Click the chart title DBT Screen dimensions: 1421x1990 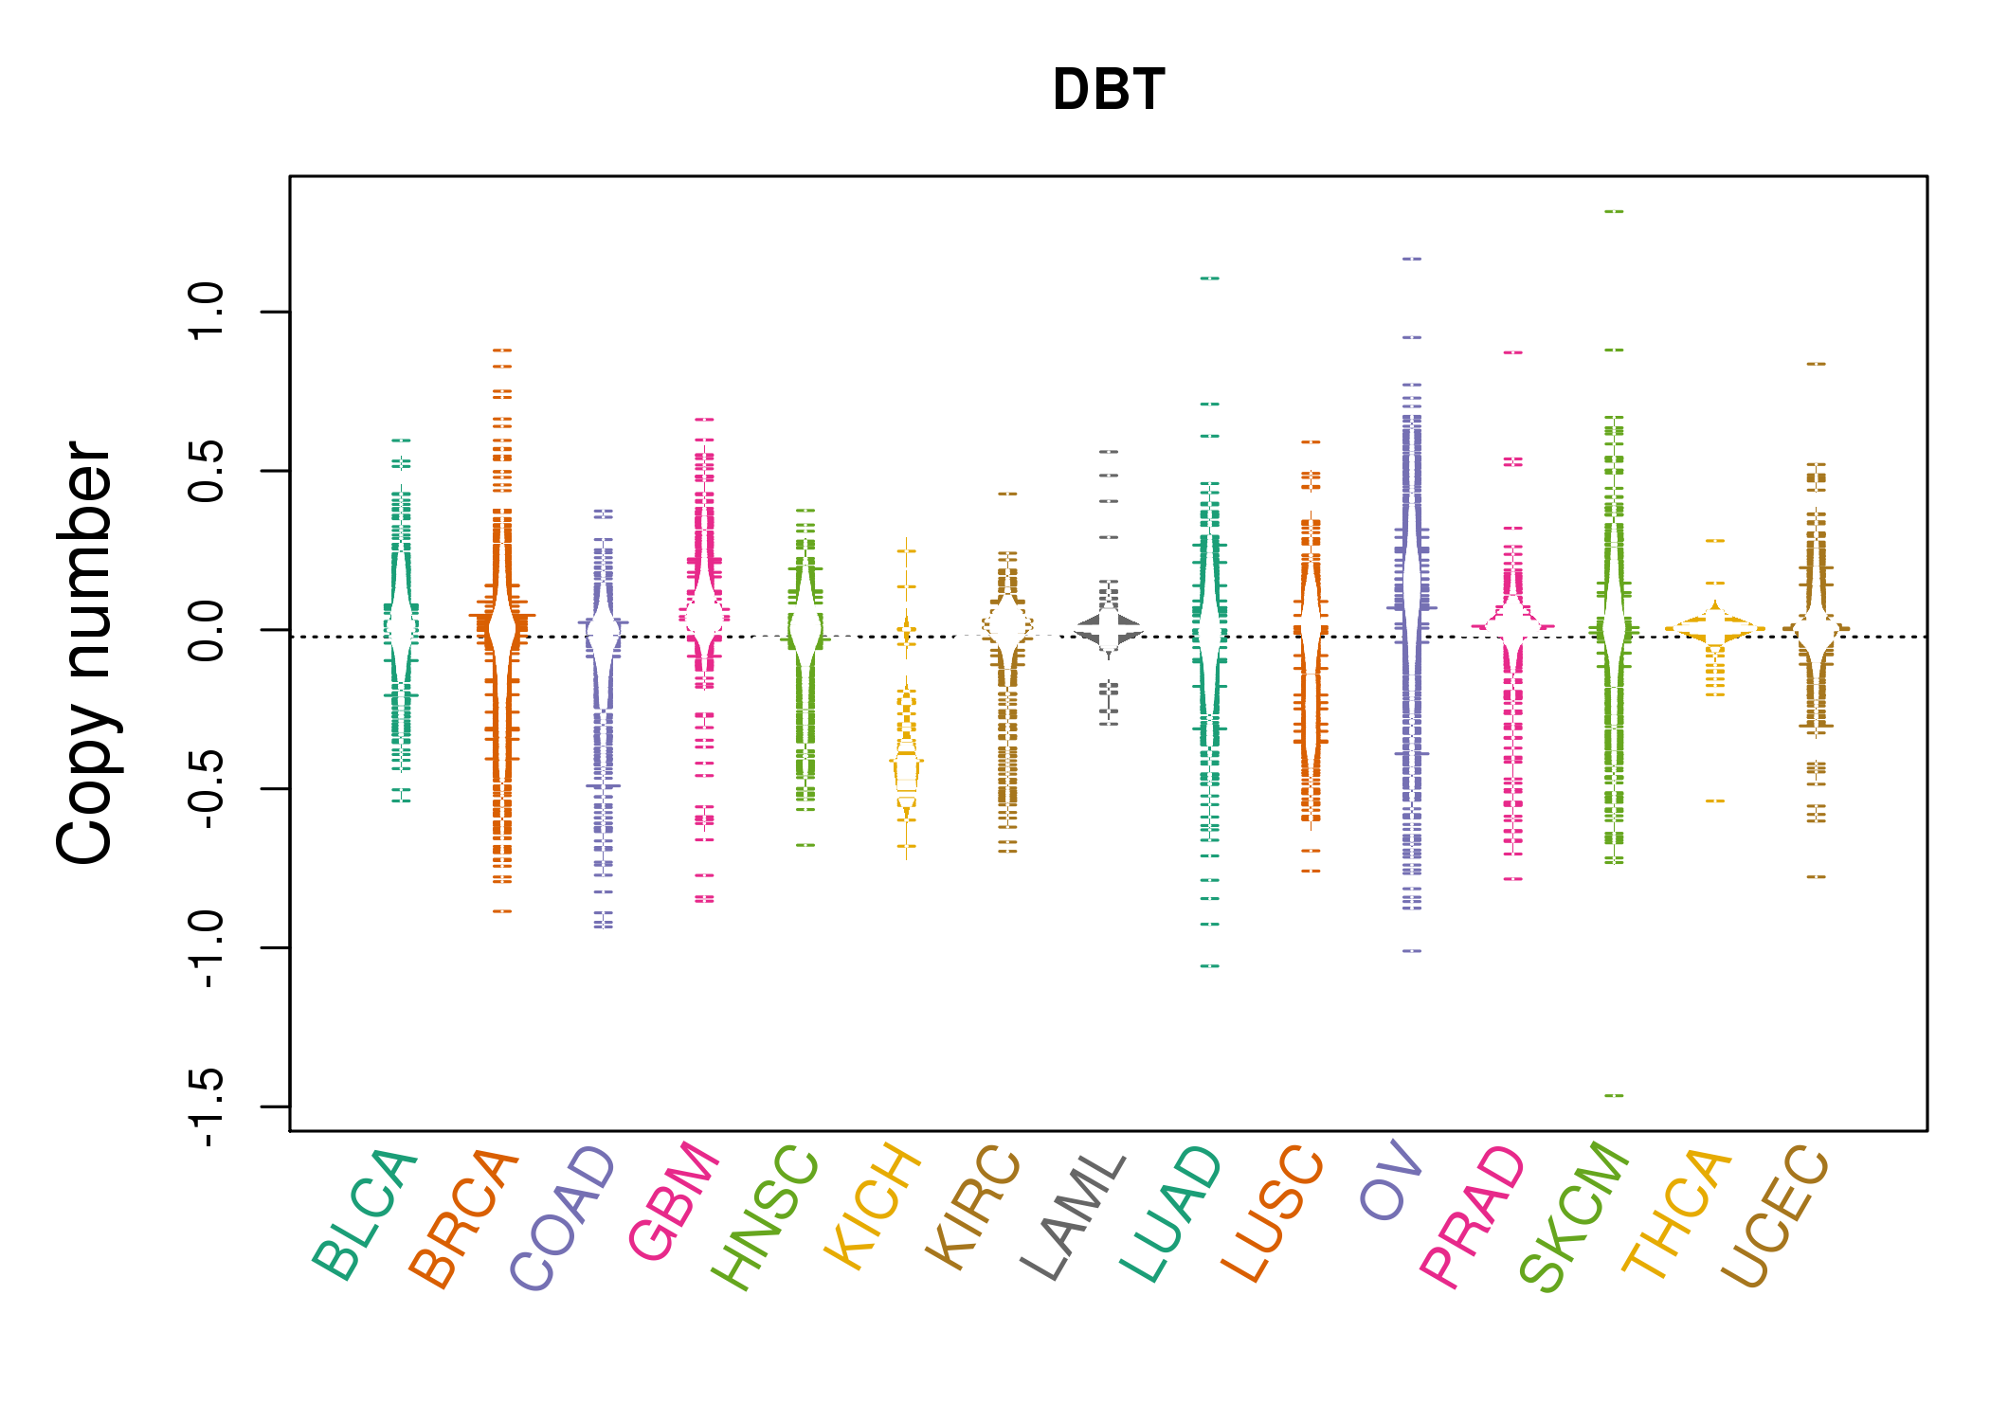point(1108,90)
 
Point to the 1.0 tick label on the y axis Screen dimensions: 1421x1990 point(206,312)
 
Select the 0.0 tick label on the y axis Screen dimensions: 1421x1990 point(206,630)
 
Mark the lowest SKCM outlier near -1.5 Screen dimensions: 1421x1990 point(1614,1095)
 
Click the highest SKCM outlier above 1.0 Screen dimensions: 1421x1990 point(1614,211)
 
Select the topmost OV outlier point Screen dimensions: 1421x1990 point(1412,258)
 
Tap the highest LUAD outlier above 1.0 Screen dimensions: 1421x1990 point(1210,278)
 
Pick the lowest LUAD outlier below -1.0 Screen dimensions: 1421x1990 point(1210,965)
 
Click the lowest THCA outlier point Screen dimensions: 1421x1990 point(1715,800)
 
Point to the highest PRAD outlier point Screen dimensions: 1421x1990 point(1513,351)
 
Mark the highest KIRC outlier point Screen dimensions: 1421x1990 point(1007,493)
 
